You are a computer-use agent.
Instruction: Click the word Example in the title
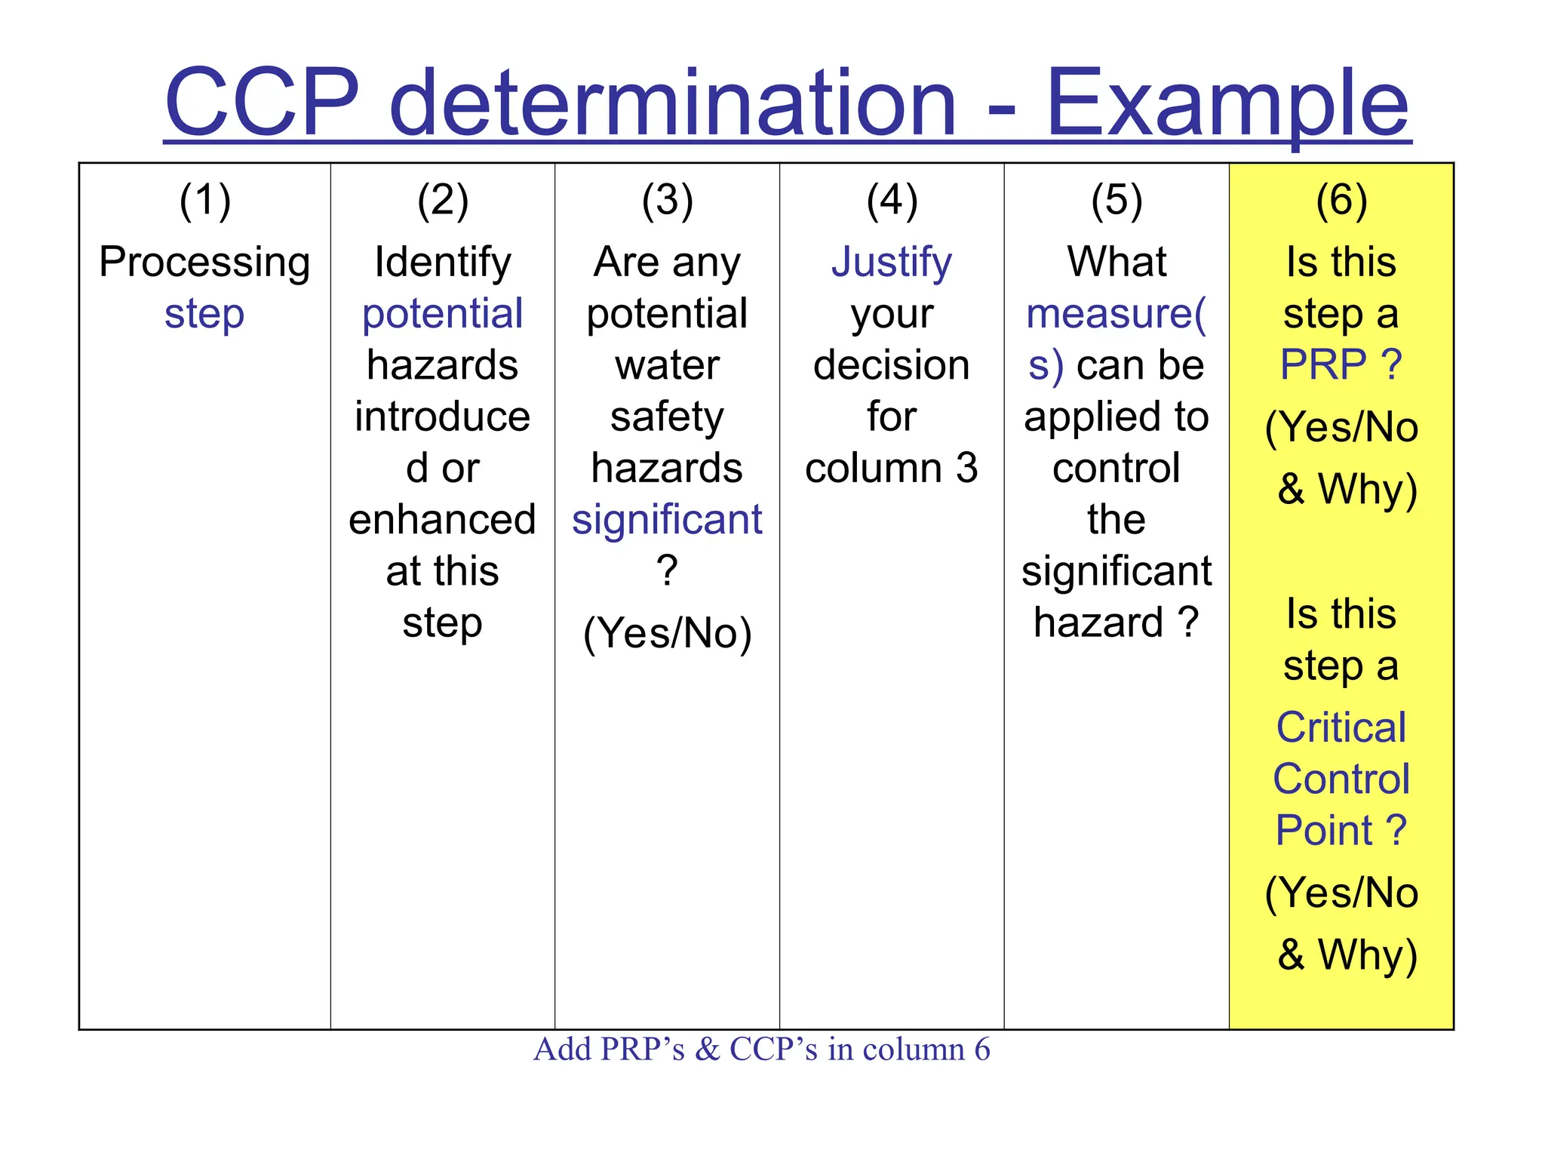click(1227, 103)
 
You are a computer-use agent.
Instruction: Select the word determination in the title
click(673, 103)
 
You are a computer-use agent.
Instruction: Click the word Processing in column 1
click(204, 263)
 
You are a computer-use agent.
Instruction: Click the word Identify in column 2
click(443, 263)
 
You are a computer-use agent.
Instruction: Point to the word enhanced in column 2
click(443, 520)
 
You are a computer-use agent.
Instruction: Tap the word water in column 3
click(667, 365)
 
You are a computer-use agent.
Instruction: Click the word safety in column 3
click(667, 417)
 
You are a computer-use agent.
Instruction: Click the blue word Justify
click(892, 263)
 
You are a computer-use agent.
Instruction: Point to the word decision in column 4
click(892, 365)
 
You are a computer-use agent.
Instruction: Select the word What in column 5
click(1117, 263)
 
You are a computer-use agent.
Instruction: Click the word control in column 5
click(1117, 469)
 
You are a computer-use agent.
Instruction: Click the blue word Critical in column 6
click(1341, 727)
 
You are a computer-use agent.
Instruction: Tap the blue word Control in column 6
click(1341, 779)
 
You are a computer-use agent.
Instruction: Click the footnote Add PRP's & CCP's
click(761, 1050)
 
